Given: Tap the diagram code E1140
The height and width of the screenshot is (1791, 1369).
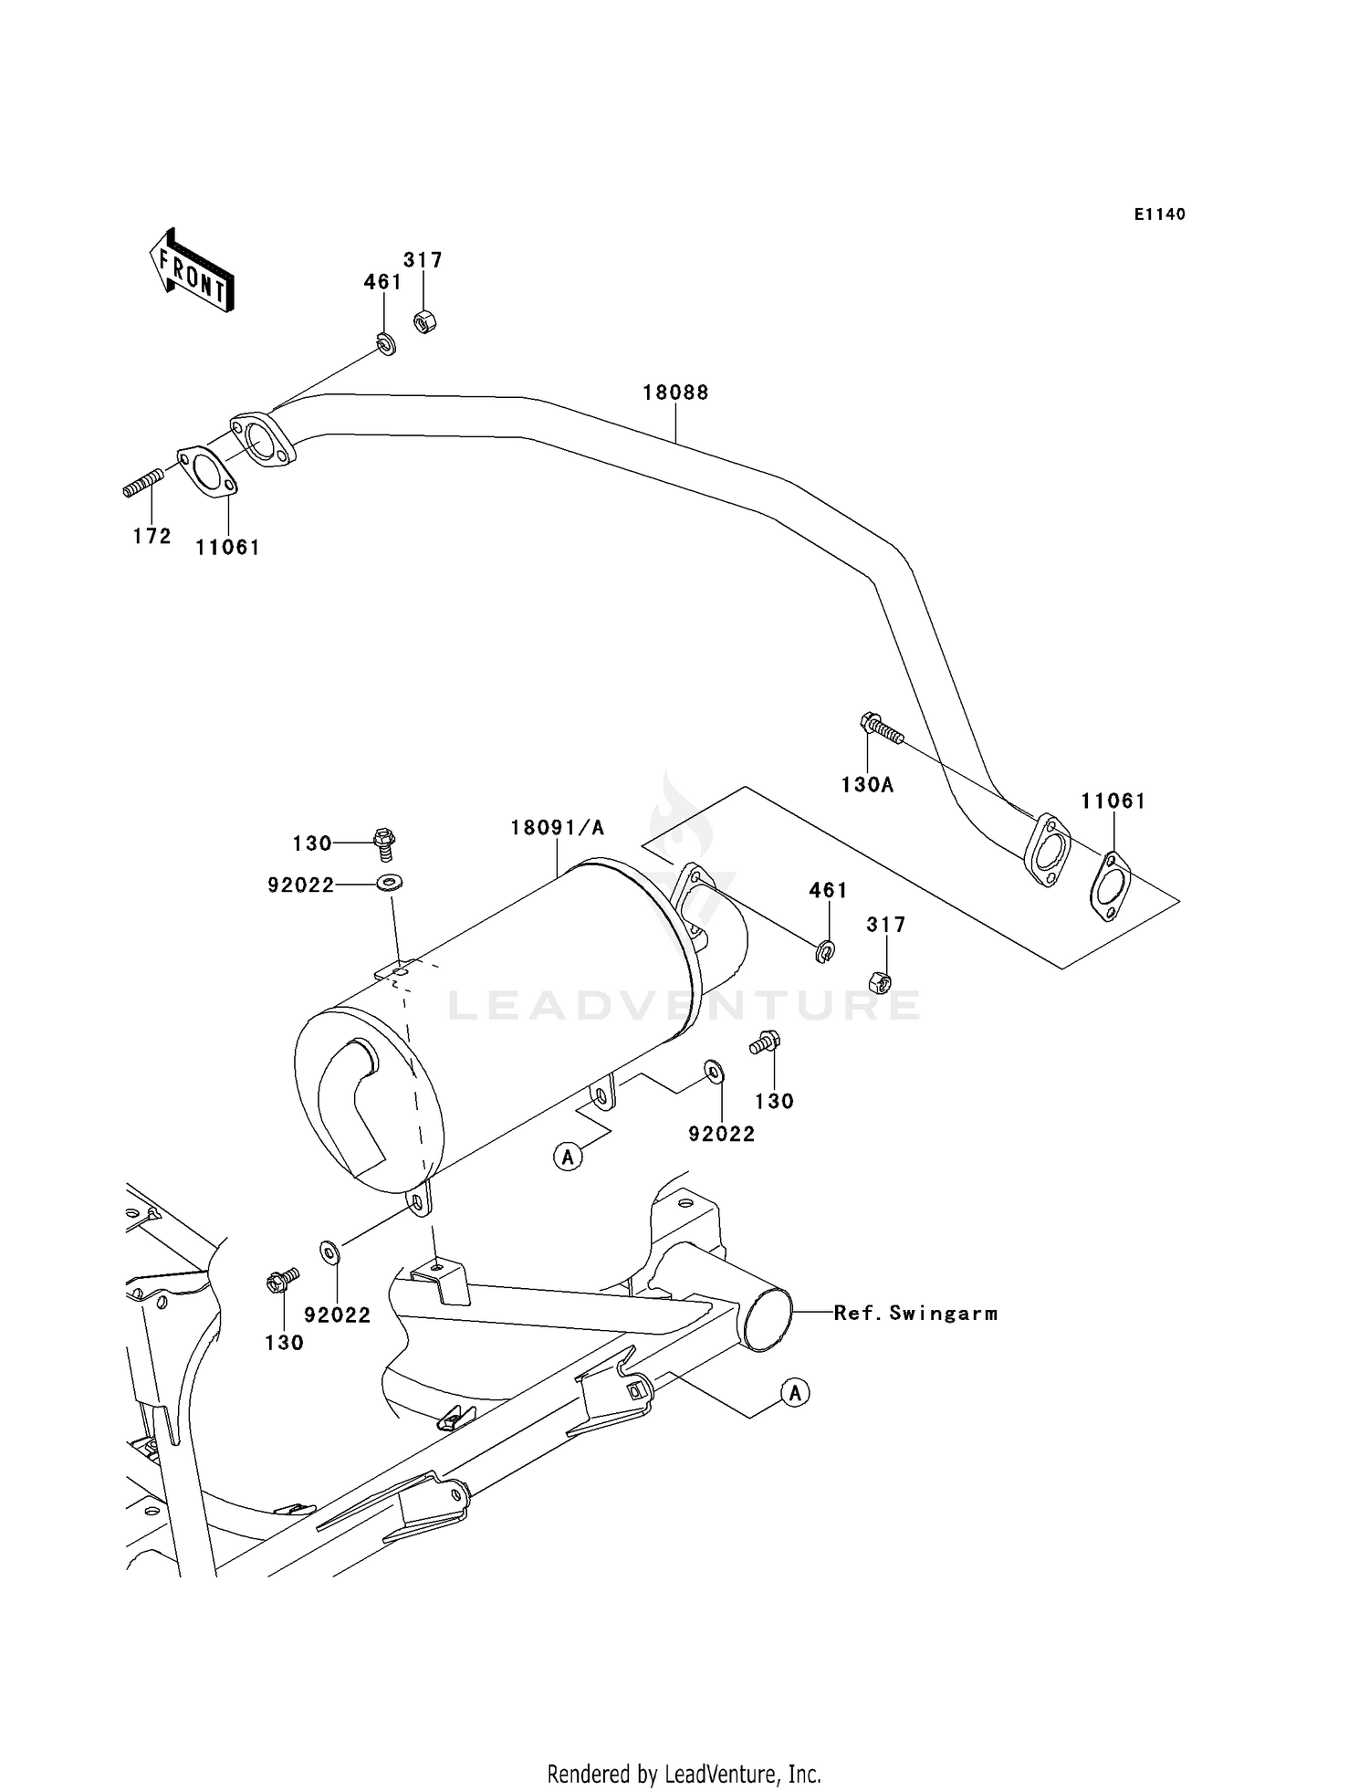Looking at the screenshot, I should click(1159, 215).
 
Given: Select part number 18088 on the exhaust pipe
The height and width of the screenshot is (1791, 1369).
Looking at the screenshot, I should click(675, 393).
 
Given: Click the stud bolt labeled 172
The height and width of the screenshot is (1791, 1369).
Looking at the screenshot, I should click(143, 482).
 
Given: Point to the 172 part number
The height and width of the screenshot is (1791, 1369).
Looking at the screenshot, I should click(152, 537).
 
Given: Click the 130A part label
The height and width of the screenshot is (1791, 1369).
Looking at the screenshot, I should click(867, 784).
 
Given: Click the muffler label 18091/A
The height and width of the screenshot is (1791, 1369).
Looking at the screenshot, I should click(557, 828).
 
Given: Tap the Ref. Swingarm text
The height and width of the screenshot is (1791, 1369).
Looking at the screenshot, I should click(915, 1314).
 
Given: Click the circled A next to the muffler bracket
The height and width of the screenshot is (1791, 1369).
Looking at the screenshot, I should click(568, 1157).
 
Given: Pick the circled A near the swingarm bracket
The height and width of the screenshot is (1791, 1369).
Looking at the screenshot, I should click(796, 1393).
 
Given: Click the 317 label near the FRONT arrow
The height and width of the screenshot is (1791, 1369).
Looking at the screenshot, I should click(423, 260).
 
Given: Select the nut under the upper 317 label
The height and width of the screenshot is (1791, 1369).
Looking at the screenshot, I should click(423, 321).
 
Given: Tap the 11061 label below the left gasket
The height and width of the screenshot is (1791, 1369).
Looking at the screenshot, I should click(227, 548).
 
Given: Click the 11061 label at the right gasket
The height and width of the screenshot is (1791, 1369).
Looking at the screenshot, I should click(1113, 801).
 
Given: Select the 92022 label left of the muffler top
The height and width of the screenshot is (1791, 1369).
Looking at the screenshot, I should click(301, 885).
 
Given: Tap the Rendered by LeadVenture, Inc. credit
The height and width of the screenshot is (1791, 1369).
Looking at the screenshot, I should click(684, 1773).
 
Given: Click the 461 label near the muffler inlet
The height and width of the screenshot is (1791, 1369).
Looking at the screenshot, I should click(828, 890).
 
